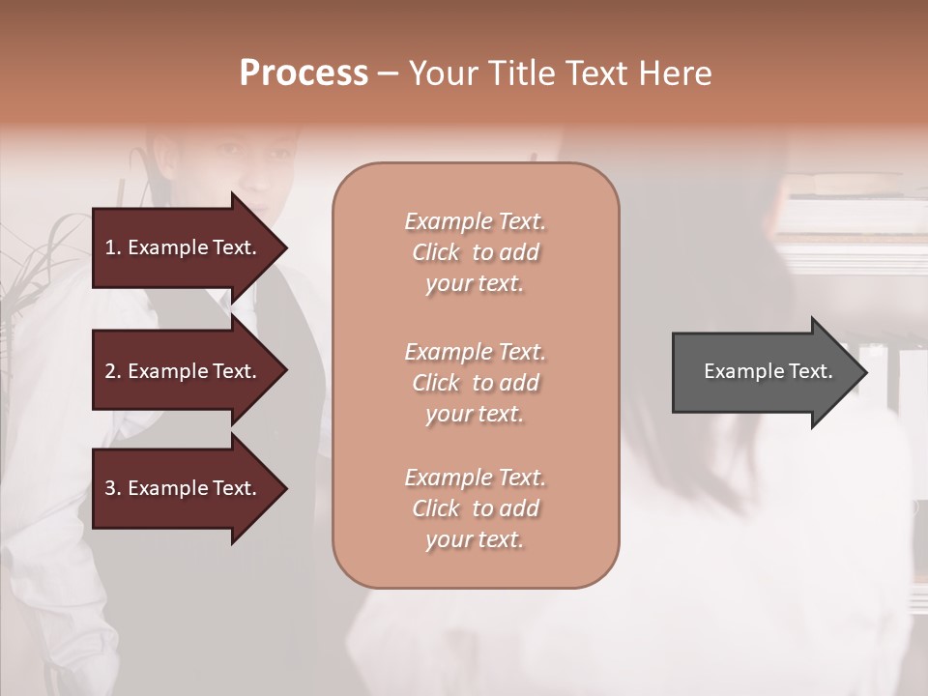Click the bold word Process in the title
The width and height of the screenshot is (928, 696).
pyautogui.click(x=304, y=73)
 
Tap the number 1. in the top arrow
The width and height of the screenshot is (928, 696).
pyautogui.click(x=113, y=247)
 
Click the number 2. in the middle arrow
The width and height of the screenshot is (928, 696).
pyautogui.click(x=113, y=371)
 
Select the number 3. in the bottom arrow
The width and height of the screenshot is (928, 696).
pyautogui.click(x=113, y=488)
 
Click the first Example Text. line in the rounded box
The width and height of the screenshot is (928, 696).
pyautogui.click(x=475, y=221)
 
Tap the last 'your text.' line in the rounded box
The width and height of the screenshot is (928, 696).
pyautogui.click(x=475, y=539)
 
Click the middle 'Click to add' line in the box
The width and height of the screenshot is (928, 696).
pyautogui.click(x=475, y=383)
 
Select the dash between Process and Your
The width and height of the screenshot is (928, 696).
pyautogui.click(x=388, y=73)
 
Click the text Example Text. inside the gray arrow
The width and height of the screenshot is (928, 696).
pyautogui.click(x=768, y=371)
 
